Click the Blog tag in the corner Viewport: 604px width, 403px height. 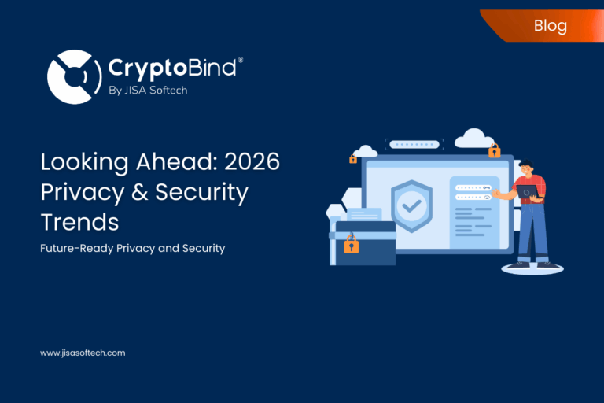pyautogui.click(x=550, y=25)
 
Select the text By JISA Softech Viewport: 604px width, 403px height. pyautogui.click(x=147, y=90)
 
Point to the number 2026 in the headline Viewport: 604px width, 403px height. pyautogui.click(x=252, y=162)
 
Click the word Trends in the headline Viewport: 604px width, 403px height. pyautogui.click(x=79, y=221)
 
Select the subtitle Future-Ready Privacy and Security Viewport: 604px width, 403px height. pyautogui.click(x=133, y=248)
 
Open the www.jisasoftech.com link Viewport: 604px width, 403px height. pyautogui.click(x=83, y=353)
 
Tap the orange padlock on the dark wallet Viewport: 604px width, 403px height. pyautogui.click(x=352, y=245)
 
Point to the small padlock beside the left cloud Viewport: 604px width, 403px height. pyautogui.click(x=353, y=159)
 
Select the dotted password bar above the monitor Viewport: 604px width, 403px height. pyautogui.click(x=414, y=145)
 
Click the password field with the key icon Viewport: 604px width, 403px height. pyautogui.click(x=473, y=187)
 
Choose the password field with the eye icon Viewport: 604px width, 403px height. pyautogui.click(x=473, y=197)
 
